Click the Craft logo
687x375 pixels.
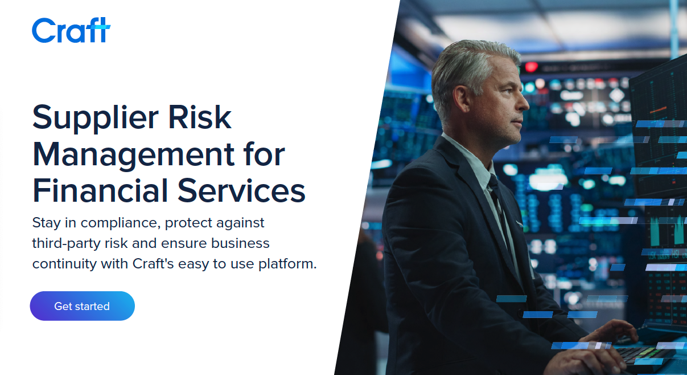(71, 30)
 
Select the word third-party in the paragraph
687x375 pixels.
(65, 243)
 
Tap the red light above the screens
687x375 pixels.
(531, 67)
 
